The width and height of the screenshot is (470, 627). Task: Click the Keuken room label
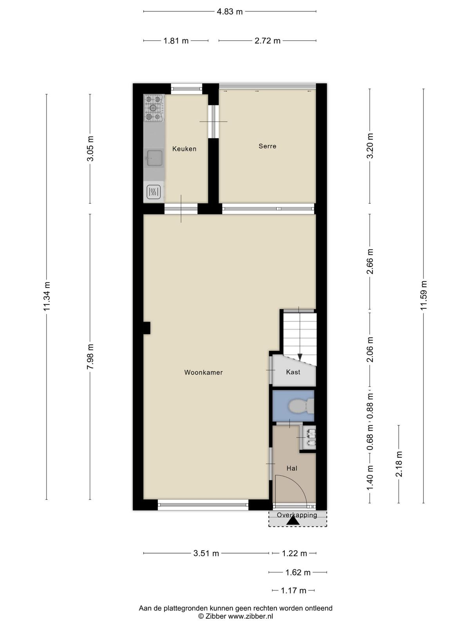click(184, 149)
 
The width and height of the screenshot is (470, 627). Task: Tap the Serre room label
click(268, 146)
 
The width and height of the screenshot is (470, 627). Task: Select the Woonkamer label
click(203, 373)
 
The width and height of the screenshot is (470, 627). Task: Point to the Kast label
click(293, 372)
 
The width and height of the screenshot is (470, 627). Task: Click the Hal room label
click(292, 468)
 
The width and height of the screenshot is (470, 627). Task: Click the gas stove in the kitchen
click(154, 108)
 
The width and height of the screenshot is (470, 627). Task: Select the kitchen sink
click(154, 158)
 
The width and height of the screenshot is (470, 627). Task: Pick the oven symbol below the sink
click(154, 192)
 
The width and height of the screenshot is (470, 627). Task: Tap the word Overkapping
click(297, 515)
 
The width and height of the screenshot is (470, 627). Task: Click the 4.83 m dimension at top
click(230, 12)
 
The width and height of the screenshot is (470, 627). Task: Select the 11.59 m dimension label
click(423, 295)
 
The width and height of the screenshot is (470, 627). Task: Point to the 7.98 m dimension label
click(90, 357)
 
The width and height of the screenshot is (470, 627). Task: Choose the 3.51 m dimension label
click(206, 553)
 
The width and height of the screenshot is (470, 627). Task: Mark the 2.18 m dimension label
click(399, 464)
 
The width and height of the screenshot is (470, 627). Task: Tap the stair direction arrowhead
click(300, 357)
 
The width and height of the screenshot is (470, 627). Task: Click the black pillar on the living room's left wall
click(146, 328)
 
